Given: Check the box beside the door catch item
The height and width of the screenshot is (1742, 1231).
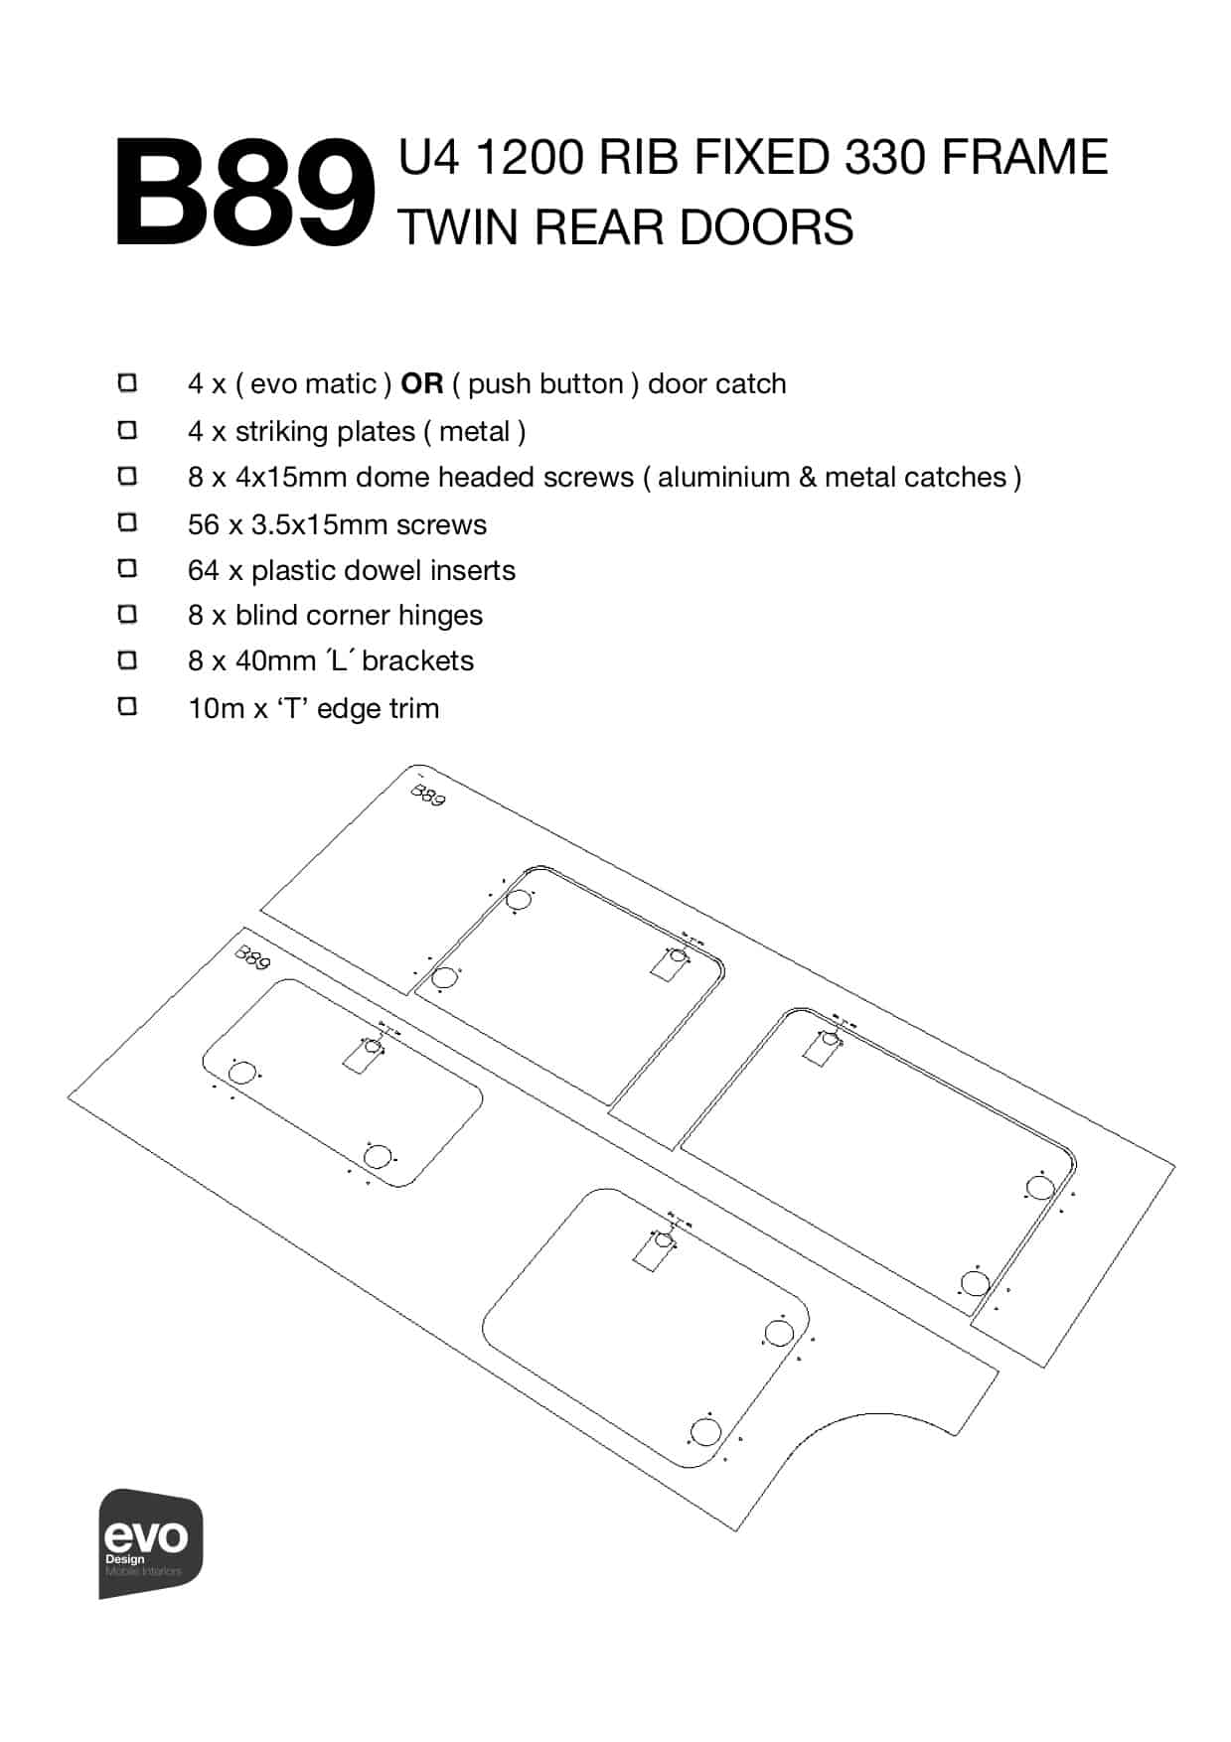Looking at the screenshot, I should tap(127, 383).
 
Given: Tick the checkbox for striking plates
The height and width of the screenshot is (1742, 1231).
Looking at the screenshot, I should tap(127, 430).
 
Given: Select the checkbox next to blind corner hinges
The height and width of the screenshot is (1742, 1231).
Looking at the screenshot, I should tap(127, 615).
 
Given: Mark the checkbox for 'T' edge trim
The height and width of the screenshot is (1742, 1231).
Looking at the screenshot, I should tap(127, 707).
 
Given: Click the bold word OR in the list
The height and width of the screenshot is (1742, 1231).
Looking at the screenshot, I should tap(421, 383).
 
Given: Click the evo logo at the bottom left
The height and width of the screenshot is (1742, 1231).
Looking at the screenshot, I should tap(150, 1542).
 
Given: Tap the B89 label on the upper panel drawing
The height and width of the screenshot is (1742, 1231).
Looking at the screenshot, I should tap(428, 795).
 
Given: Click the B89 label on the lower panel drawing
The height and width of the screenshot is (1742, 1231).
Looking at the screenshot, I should tap(252, 958).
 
